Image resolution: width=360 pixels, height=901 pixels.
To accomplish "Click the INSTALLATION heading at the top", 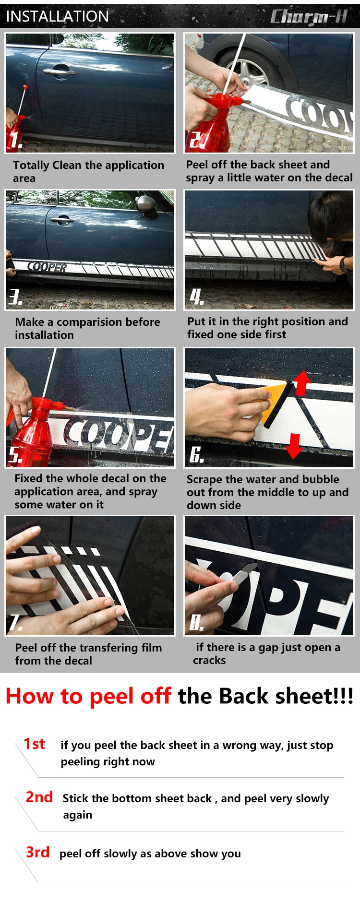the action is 58,16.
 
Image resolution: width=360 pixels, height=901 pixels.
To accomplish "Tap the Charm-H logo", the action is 309,17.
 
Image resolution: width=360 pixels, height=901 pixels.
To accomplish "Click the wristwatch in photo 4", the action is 344,264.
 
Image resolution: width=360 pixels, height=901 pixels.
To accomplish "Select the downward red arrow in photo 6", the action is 294,446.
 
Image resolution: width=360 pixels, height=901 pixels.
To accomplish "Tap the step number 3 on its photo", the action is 15,297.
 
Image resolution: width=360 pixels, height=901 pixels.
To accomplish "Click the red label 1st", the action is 35,744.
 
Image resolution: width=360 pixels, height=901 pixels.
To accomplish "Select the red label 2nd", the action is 39,797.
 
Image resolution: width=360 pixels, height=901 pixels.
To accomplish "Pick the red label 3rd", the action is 38,852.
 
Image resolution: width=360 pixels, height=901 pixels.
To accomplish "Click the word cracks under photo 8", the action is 209,660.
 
